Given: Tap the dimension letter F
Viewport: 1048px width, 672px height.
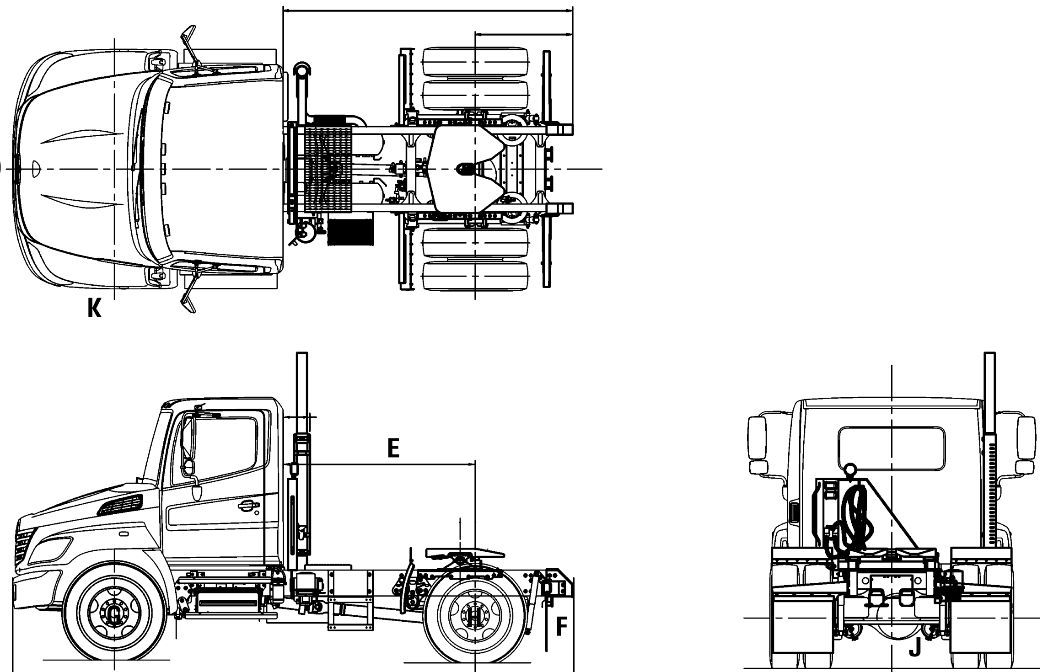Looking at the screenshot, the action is (x=561, y=626).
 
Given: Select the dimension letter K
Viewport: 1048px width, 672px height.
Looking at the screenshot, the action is (x=94, y=309).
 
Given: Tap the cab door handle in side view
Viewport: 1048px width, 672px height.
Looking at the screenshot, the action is (x=247, y=505).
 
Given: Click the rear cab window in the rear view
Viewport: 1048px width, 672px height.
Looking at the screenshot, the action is (x=892, y=448).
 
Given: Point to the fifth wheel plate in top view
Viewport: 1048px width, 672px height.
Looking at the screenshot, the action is (x=467, y=169).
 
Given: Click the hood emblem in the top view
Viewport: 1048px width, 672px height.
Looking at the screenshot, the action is (x=37, y=168).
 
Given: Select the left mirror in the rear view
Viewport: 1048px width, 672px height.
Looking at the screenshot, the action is (x=757, y=440).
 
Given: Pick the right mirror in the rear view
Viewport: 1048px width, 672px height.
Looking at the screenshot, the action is (x=1026, y=440).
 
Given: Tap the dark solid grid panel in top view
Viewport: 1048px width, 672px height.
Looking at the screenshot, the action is (x=350, y=232).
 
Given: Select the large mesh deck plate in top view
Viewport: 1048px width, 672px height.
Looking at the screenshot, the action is (x=328, y=169).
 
